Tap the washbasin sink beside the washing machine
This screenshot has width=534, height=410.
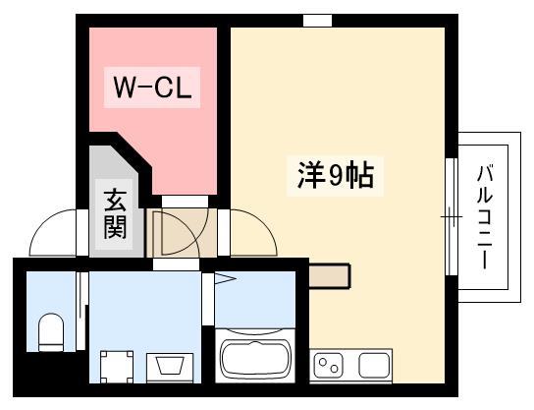[172, 367]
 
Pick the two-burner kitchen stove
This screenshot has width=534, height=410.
[329, 367]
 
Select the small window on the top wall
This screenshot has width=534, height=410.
[317, 21]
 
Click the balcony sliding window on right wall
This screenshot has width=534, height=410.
[452, 216]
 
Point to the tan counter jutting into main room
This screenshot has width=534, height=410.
[328, 276]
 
